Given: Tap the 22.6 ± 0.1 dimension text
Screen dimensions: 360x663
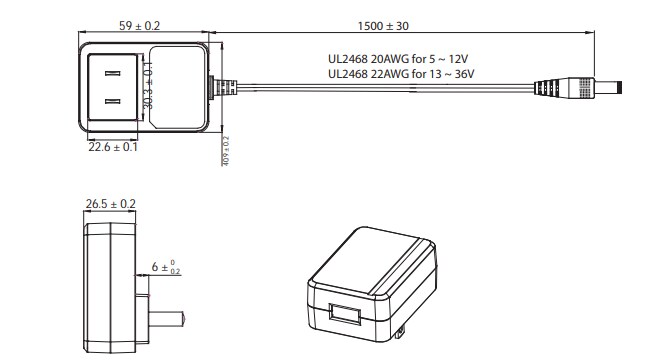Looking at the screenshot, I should tap(111, 147).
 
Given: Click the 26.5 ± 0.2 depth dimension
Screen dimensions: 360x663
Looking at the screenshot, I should tap(111, 204).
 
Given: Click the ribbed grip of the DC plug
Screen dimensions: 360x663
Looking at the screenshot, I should tap(553, 87).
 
